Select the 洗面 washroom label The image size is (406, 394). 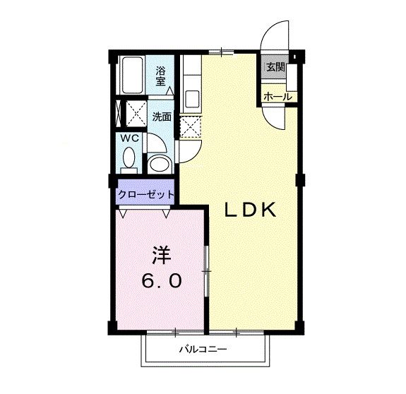coord(162,117)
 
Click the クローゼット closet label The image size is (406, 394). coord(145,193)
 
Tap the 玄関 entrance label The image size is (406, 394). coord(275,68)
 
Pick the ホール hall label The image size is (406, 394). coord(277,96)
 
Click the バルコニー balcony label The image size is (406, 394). coord(203,347)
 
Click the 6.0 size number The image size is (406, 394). coord(162,280)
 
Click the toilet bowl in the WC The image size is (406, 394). coord(129,162)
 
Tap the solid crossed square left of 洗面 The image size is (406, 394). coord(131,113)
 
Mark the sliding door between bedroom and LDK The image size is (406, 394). coord(206,271)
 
